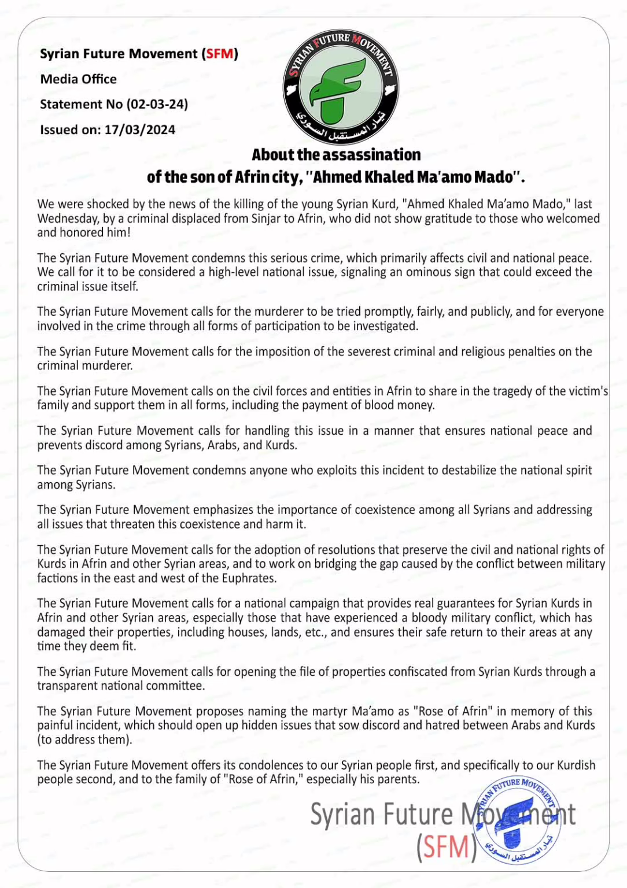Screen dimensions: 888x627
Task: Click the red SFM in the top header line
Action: [x=220, y=54]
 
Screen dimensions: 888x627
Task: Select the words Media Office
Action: [x=78, y=79]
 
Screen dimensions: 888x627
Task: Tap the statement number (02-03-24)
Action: [x=157, y=104]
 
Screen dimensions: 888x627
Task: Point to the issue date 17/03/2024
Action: [x=139, y=129]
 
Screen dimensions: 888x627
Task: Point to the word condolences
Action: [x=271, y=765]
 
